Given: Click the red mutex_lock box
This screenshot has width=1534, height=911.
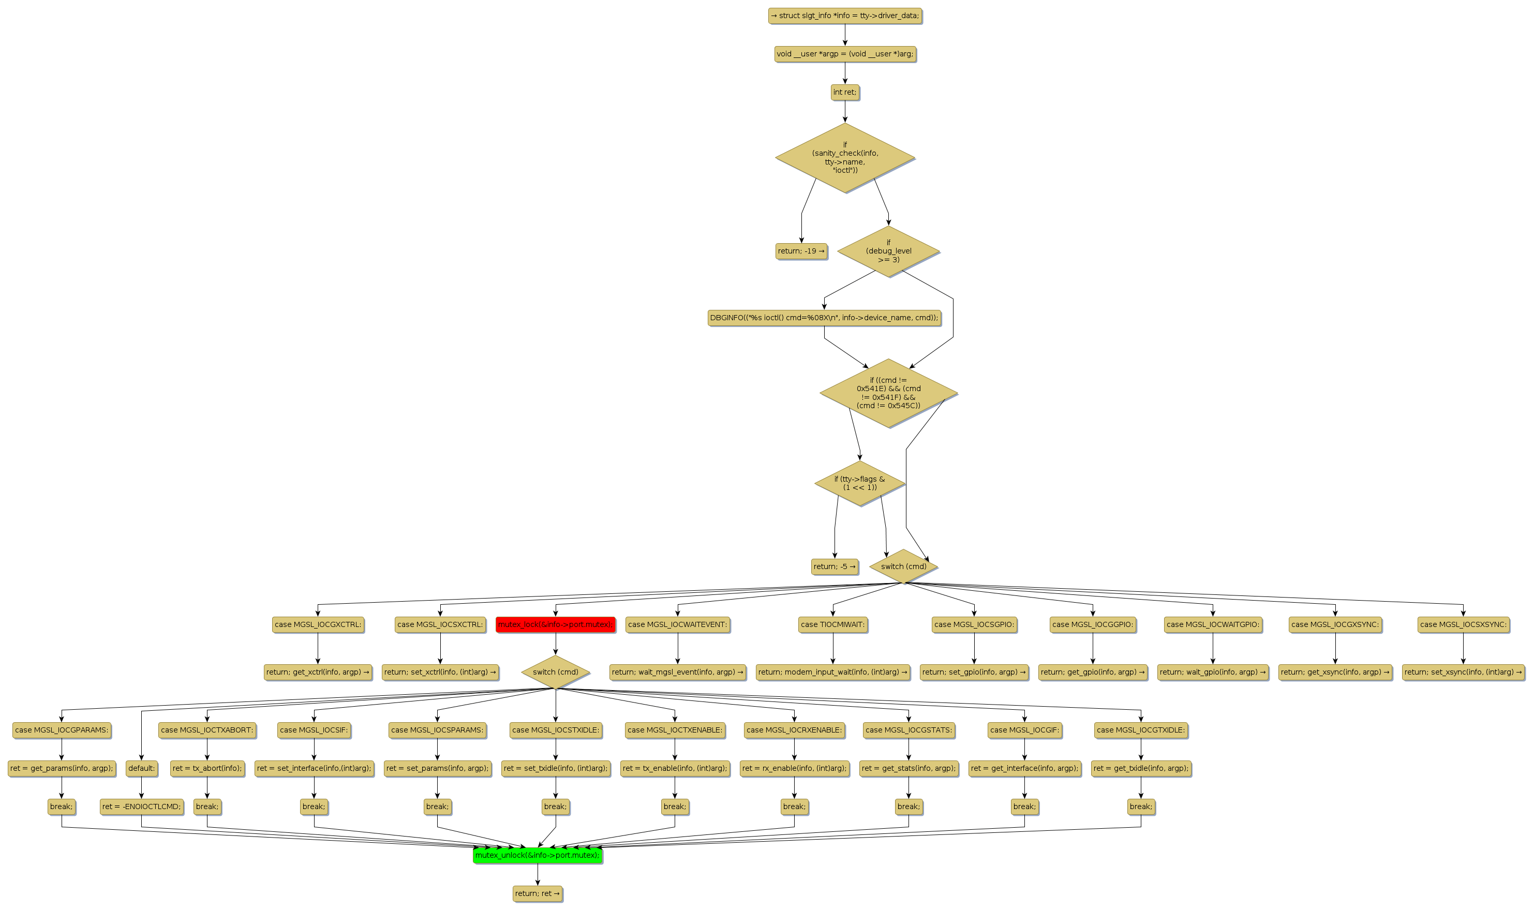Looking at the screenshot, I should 555,624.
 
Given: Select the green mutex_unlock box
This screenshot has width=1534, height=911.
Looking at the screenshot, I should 537,855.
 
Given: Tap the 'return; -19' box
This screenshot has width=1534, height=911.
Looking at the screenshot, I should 801,251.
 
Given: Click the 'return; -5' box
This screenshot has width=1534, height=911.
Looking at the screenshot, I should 834,566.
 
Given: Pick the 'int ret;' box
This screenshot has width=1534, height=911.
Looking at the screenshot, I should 845,92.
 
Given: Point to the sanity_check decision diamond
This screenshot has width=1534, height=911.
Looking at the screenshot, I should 845,158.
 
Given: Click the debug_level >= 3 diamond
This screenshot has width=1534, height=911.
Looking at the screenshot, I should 888,251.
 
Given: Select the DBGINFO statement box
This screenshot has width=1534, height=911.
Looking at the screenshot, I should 824,318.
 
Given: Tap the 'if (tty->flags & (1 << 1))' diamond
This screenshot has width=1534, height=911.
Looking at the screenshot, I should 859,483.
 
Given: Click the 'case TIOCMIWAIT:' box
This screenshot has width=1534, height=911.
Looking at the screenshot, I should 833,624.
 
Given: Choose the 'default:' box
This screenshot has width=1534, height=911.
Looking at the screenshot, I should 141,768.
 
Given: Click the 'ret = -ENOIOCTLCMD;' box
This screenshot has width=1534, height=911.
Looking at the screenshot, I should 141,807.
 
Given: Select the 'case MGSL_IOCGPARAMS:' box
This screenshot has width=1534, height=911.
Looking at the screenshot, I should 62,730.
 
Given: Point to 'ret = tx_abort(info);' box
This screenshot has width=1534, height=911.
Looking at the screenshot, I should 207,768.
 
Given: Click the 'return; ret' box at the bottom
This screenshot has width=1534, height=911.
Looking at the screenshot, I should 537,894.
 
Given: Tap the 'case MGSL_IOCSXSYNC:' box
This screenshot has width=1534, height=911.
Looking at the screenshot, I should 1463,624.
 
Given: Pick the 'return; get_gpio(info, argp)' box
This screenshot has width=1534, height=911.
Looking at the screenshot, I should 1093,672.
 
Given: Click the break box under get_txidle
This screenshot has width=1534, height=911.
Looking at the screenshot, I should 1140,807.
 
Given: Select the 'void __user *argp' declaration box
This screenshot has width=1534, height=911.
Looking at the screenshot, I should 845,54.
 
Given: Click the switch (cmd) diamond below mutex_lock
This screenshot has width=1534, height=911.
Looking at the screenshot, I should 556,672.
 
